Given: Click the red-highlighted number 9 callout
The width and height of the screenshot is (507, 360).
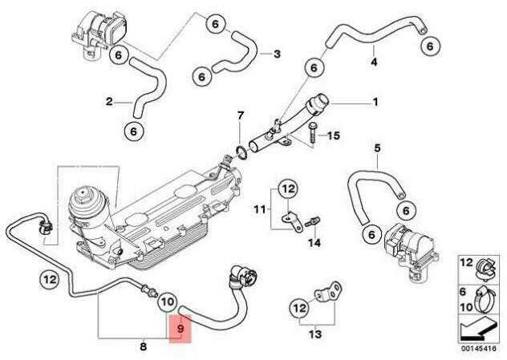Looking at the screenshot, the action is (180, 329).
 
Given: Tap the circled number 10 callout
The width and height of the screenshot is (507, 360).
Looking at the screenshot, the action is (168, 301).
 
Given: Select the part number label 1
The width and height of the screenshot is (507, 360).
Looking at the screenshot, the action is (375, 102).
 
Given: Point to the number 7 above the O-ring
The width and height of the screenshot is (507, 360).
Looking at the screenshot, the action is (241, 115).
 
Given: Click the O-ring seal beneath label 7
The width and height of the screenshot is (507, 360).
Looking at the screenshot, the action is (240, 153).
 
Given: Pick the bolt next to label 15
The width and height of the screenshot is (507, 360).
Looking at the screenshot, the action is (313, 132).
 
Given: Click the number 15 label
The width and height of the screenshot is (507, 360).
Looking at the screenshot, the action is (334, 135).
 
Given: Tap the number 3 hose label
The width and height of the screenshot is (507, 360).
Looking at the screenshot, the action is (277, 54).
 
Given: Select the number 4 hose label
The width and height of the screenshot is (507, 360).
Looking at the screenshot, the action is (374, 62).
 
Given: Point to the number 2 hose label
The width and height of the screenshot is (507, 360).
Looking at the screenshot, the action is (109, 102).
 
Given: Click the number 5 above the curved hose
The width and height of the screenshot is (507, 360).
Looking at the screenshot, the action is (377, 148).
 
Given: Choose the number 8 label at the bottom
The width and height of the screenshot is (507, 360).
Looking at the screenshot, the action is (144, 346).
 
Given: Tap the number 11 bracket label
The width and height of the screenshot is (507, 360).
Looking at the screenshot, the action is (260, 210).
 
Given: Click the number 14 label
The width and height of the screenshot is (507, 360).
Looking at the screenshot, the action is (314, 242).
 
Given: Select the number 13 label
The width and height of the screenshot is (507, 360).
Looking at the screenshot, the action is (315, 334).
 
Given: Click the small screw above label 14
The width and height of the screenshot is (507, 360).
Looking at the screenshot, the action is (313, 221).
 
